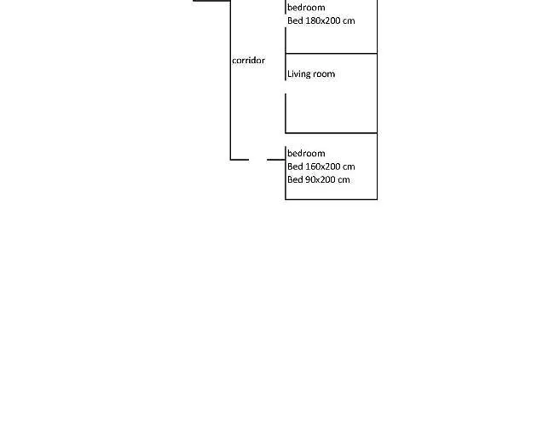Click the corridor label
click(248, 61)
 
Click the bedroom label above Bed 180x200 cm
click(306, 8)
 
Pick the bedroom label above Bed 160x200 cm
click(306, 154)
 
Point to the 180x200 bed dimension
click(322, 20)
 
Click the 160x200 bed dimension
click(322, 167)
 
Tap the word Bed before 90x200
click(295, 180)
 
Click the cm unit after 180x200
click(349, 21)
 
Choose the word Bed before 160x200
click(295, 167)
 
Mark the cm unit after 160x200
click(349, 167)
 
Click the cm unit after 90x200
click(344, 180)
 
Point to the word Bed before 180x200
click(295, 20)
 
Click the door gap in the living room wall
click(286, 87)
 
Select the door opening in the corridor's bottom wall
click(258, 160)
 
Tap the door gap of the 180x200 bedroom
click(286, 20)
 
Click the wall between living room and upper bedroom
click(332, 54)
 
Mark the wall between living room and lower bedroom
click(332, 133)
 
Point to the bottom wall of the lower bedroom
click(332, 199)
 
